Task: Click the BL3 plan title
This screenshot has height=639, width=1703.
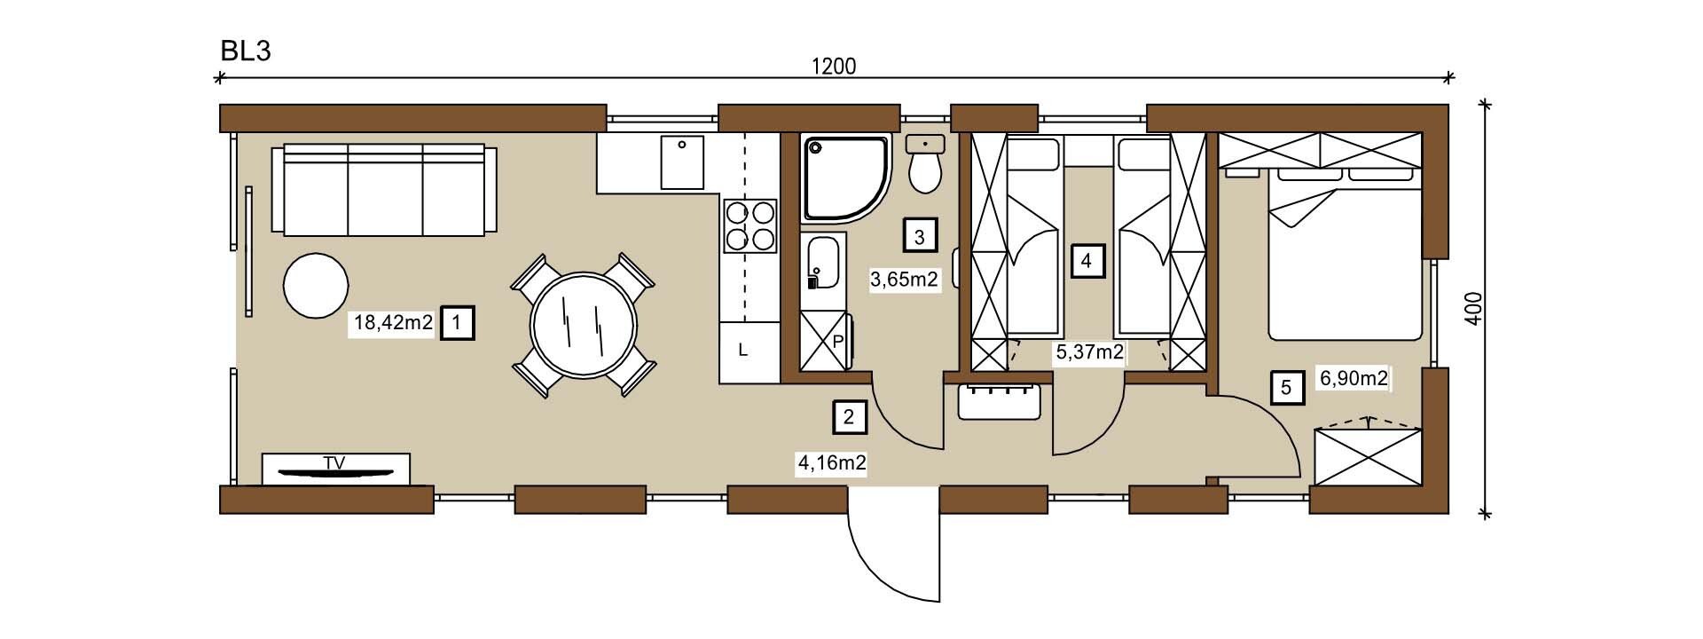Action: tap(246, 51)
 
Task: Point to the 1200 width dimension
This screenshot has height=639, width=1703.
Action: tap(834, 66)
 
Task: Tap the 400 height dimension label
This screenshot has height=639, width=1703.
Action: tap(1473, 310)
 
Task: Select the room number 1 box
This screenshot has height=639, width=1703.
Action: tap(457, 323)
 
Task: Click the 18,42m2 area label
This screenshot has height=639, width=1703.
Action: tap(393, 323)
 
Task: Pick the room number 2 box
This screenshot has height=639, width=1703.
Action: tap(850, 417)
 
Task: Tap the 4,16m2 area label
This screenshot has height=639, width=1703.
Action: tap(831, 462)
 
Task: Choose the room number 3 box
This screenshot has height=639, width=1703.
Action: tap(920, 237)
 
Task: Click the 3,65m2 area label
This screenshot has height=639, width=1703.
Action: tap(904, 280)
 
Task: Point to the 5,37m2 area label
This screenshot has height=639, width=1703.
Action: tap(1089, 352)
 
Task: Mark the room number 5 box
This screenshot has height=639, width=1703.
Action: tap(1287, 387)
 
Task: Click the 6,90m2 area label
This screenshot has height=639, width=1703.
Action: tap(1354, 379)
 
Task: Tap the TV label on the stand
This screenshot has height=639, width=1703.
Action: tap(334, 462)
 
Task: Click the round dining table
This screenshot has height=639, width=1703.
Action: tap(584, 324)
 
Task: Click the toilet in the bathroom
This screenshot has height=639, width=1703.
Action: tap(926, 166)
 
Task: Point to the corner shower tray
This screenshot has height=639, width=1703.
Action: tap(846, 178)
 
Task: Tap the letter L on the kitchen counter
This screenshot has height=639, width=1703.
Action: tap(743, 351)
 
